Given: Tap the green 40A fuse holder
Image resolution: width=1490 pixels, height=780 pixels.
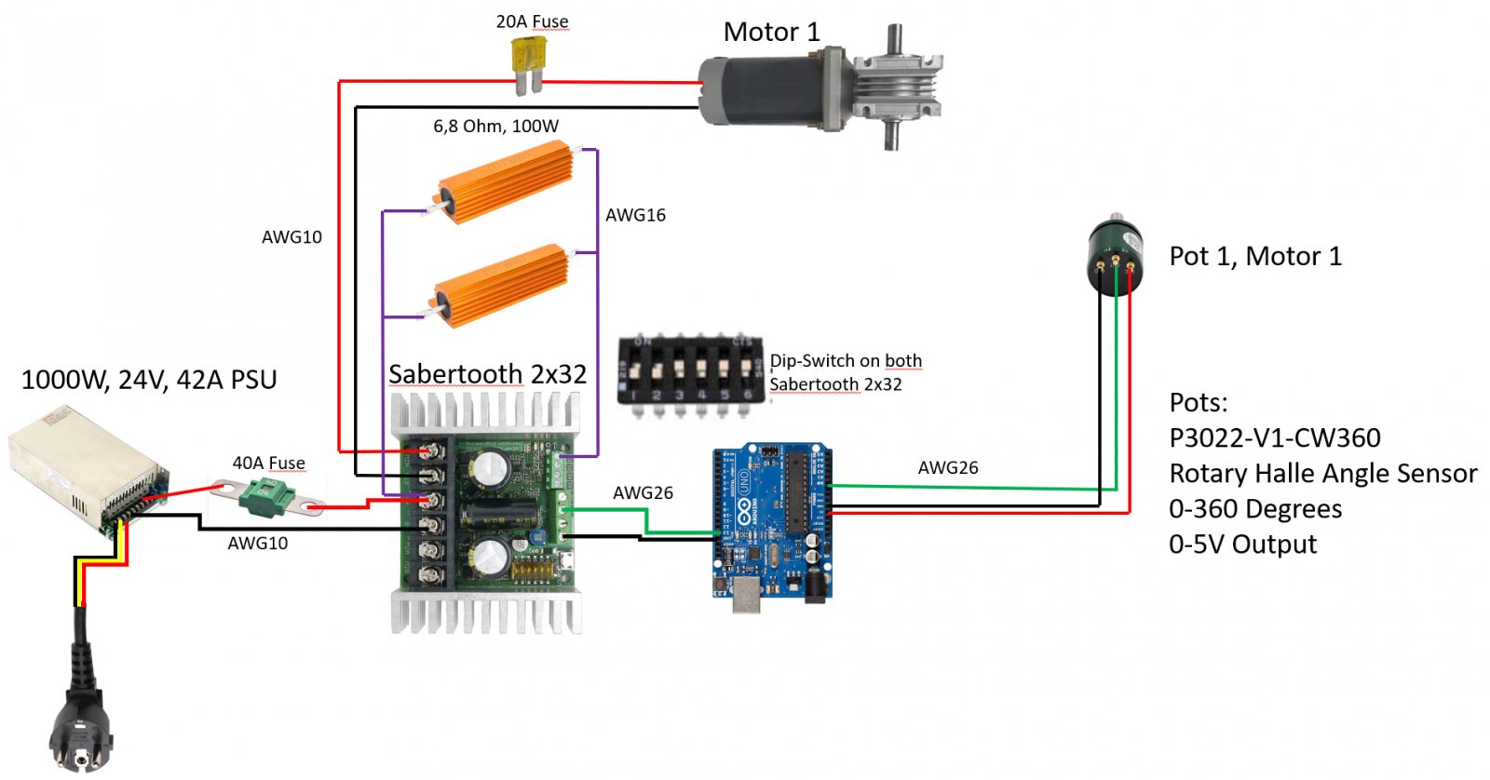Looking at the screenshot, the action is click(x=267, y=496).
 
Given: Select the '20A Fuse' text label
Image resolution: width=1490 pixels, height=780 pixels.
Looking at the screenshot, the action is click(x=532, y=21).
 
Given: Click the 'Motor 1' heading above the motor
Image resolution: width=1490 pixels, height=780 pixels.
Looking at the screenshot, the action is click(x=772, y=32).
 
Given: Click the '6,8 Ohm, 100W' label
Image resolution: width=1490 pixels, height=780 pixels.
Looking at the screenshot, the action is click(x=495, y=126).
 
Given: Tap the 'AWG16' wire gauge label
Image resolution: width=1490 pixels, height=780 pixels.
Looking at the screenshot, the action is click(x=635, y=215).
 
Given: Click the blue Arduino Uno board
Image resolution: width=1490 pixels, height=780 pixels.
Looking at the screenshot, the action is click(x=772, y=522).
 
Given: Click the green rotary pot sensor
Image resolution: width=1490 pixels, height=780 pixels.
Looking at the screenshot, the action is click(x=1116, y=253).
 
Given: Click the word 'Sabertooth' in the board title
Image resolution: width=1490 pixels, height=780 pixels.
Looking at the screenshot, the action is click(x=455, y=374).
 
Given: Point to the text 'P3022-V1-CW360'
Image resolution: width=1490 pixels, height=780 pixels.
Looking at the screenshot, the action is click(x=1275, y=437).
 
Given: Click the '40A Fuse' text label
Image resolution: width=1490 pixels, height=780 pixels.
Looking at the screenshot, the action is click(x=269, y=463).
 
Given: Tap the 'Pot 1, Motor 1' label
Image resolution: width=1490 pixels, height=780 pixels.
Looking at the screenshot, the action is click(x=1256, y=257).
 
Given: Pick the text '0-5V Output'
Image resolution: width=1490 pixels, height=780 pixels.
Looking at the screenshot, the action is click(x=1243, y=544).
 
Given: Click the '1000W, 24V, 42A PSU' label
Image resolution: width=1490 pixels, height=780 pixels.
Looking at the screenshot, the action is click(x=149, y=380).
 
